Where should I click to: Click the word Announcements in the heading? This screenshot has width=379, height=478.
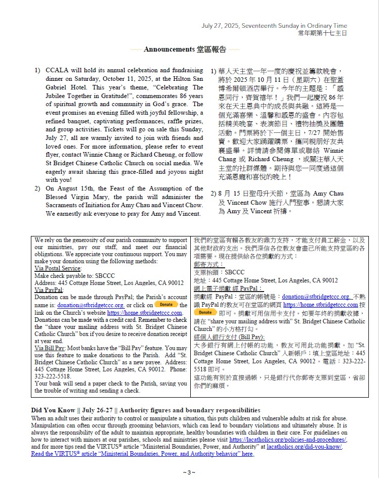[169, 50]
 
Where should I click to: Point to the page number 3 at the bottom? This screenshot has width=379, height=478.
[189, 472]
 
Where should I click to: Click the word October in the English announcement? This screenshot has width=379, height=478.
[117, 78]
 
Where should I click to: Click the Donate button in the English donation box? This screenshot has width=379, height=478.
[165, 304]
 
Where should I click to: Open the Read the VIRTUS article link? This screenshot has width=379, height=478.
[142, 454]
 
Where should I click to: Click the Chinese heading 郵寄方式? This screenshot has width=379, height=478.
[209, 264]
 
